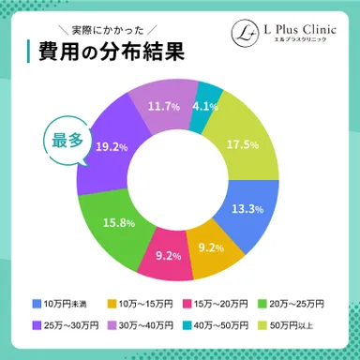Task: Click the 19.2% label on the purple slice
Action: (x=111, y=147)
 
